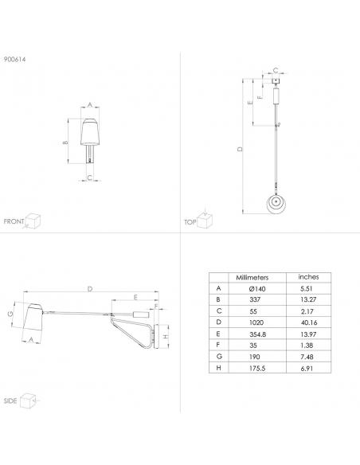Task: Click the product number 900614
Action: [x=15, y=59]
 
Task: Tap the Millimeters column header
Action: [x=252, y=278]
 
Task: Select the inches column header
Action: [x=308, y=277]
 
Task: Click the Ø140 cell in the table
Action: [x=257, y=289]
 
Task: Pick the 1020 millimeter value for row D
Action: [x=256, y=322]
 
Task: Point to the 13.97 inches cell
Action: [x=308, y=334]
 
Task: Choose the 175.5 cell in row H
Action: [x=257, y=369]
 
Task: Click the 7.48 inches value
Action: [x=307, y=357]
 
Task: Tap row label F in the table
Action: [x=218, y=346]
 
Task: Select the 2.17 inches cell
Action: [x=307, y=311]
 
